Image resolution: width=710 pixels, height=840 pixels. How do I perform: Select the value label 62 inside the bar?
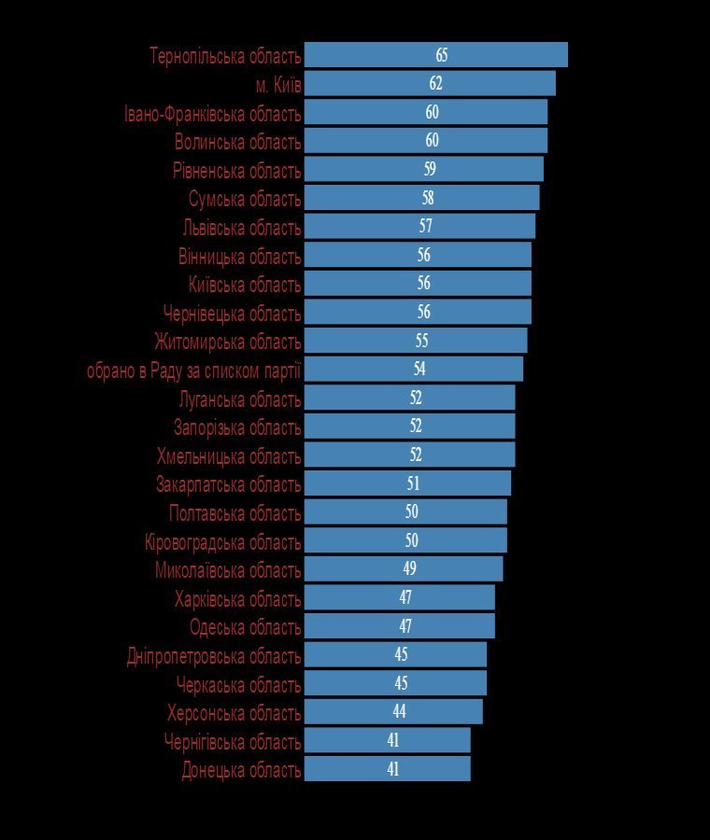(x=435, y=83)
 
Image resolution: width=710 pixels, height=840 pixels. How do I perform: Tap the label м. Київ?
(x=278, y=85)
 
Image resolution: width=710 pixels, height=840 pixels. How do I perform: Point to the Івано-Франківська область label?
(x=213, y=114)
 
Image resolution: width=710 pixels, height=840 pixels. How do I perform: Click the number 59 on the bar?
(x=430, y=169)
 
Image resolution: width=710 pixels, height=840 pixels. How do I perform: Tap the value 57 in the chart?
(x=426, y=226)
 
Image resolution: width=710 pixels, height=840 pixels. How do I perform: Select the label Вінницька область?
(x=240, y=257)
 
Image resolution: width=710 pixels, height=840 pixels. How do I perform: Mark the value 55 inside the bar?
(x=421, y=341)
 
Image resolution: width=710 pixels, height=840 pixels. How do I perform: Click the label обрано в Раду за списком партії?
(x=194, y=371)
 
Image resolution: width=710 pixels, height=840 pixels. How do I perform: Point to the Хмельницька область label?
(x=229, y=457)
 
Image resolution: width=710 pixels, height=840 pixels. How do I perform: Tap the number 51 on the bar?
(x=413, y=483)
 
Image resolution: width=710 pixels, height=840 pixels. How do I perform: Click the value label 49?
(x=409, y=568)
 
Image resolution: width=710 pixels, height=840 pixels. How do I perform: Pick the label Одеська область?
(x=246, y=627)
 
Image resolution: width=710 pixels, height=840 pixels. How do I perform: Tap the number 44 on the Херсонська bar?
(x=399, y=711)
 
